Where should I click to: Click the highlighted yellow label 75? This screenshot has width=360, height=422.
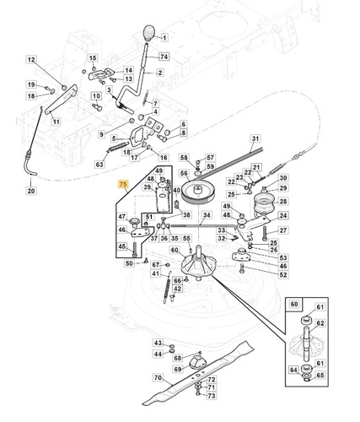(x=123, y=185)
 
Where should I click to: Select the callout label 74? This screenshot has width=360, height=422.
(x=164, y=57)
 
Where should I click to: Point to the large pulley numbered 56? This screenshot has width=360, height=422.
(x=197, y=193)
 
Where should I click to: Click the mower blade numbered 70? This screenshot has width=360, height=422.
(x=198, y=372)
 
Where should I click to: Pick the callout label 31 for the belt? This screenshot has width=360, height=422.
(x=255, y=138)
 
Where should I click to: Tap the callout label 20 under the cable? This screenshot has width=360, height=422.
(x=31, y=191)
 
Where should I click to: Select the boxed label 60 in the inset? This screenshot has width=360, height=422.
(x=294, y=304)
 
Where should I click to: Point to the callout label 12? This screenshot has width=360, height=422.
(x=31, y=60)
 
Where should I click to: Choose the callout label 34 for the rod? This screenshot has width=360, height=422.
(x=207, y=215)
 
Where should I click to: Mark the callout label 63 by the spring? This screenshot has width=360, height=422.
(x=99, y=164)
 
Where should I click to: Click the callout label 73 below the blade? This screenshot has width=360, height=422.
(x=212, y=396)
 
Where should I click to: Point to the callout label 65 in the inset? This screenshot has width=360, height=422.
(x=320, y=376)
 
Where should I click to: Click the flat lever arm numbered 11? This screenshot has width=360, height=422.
(x=61, y=99)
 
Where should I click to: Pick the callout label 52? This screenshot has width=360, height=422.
(x=283, y=274)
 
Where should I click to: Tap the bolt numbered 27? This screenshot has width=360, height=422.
(x=265, y=234)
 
